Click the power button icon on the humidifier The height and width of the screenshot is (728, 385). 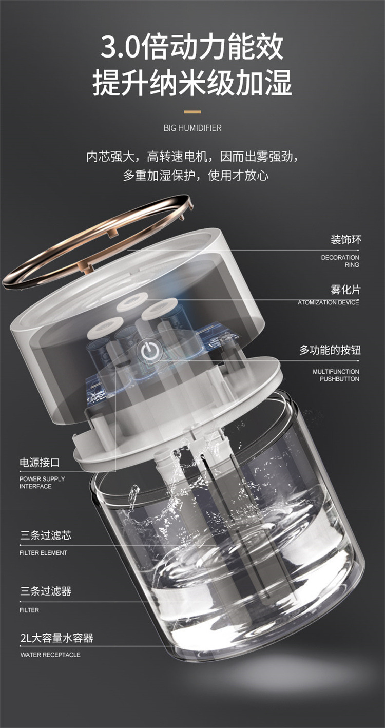click(149, 351)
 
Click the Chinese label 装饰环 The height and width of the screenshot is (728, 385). click(345, 240)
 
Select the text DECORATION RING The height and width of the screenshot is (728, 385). click(340, 261)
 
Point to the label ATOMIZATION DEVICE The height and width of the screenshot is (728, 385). click(328, 302)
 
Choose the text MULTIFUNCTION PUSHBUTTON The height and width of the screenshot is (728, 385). click(336, 375)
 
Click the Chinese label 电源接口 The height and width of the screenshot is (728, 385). click(40, 463)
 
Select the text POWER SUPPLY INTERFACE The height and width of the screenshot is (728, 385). click(42, 483)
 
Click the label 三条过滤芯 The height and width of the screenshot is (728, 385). click(46, 536)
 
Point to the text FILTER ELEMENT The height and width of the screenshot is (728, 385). click(43, 553)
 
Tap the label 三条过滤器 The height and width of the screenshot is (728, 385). click(46, 591)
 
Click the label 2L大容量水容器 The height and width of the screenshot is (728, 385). click(56, 639)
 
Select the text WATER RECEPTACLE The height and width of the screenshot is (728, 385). click(50, 655)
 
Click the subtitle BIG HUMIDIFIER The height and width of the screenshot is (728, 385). click(192, 128)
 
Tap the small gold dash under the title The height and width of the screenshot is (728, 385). click(192, 111)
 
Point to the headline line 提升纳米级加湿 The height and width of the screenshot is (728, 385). click(192, 82)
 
